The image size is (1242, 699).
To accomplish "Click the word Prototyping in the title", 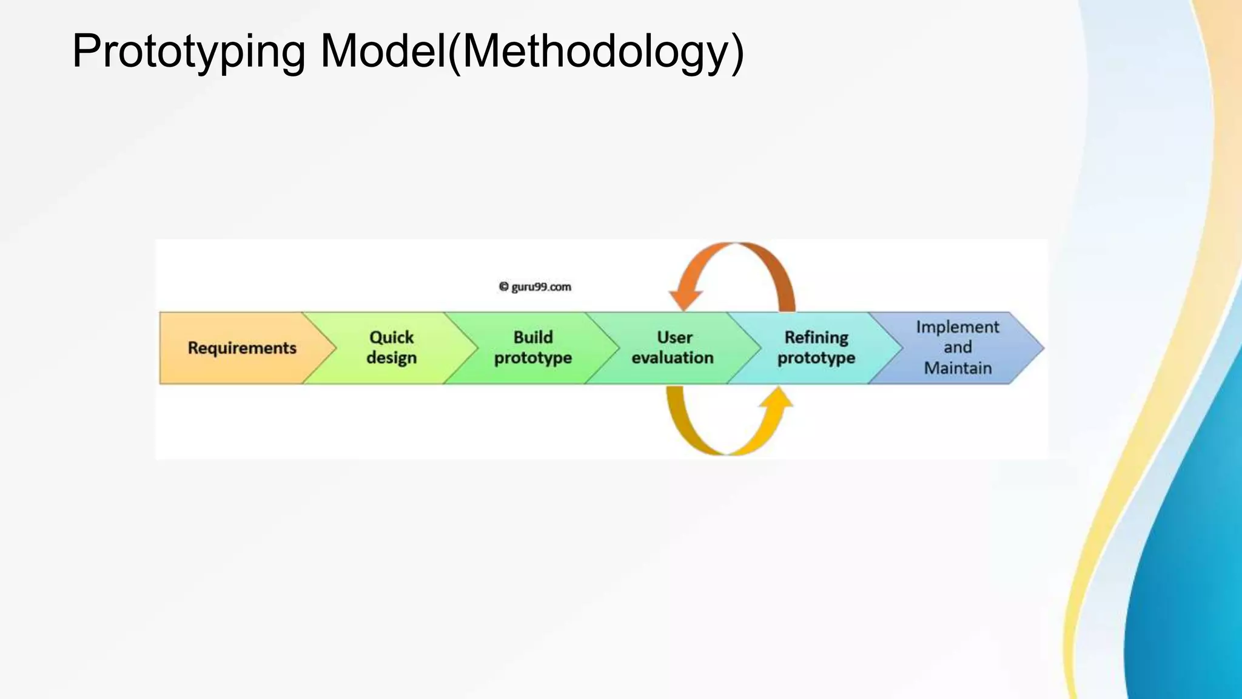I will pos(189,52).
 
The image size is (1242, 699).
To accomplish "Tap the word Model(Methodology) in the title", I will pos(532,52).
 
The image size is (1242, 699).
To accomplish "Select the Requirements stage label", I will pos(242,348).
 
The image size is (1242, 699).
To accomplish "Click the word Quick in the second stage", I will pos(391,337).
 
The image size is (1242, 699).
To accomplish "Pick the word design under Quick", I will pos(391,358).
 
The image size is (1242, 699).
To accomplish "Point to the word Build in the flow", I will pos(533,337).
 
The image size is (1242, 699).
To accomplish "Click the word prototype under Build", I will pos(533,358).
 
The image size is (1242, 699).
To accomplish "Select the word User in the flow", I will pos(674,337).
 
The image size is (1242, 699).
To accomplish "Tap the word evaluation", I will pos(673,358).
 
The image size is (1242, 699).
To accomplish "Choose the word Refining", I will pos(816,337).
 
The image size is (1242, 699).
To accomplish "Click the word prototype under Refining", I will pos(816,358).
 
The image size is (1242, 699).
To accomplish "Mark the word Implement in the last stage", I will pos(958,327).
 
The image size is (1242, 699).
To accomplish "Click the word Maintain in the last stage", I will pos(958,368).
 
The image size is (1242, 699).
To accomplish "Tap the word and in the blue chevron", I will pos(958,348).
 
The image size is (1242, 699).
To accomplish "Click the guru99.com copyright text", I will pos(541,287).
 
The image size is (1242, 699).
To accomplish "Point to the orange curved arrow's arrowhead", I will pos(685,299).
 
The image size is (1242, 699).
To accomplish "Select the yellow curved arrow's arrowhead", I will pos(777,398).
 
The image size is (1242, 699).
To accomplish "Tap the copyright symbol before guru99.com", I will pos(503,287).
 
